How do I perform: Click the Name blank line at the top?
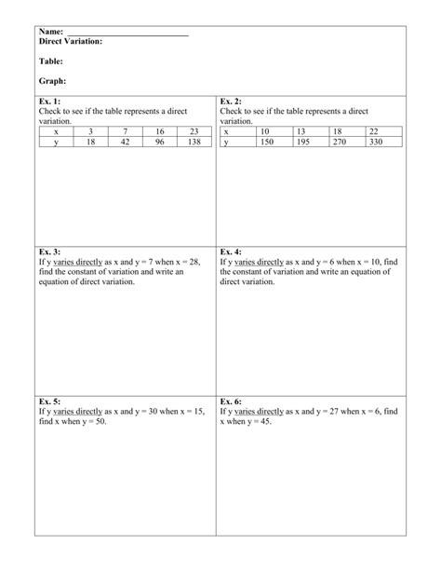coord(128,34)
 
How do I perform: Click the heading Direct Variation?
coord(71,42)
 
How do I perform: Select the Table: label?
coord(51,61)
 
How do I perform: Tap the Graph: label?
coord(52,81)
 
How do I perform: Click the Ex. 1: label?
coord(49,101)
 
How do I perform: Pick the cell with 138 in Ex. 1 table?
coord(194,143)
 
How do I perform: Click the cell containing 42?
coord(126,143)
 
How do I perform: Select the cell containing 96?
coord(160,143)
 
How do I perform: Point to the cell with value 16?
coord(160,132)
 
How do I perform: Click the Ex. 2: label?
coord(231,101)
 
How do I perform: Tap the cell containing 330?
coord(376,143)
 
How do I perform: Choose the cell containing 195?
coord(303,143)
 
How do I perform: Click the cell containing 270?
coord(340,143)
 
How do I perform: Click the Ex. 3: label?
coord(49,252)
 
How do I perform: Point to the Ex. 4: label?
coord(231,252)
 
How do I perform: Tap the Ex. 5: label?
coord(49,401)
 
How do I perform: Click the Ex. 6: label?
coord(231,401)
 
